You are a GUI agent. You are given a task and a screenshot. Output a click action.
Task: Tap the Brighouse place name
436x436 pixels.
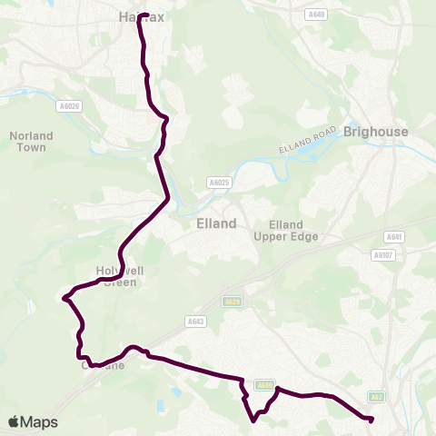pos(377,132)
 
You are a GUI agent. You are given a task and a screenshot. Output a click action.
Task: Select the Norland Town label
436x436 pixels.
pos(32,142)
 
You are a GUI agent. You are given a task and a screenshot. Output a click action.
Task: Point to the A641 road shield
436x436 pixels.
pos(392,237)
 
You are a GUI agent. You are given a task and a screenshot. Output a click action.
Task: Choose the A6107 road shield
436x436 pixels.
pos(382,255)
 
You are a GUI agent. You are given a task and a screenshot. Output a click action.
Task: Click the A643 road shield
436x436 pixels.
pos(195,321)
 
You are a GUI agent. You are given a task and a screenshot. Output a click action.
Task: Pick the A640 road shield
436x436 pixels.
pos(264,385)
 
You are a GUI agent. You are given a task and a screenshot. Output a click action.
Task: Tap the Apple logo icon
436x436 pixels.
pos(14,421)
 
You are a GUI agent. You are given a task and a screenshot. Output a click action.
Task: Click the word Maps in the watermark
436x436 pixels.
pos(39,421)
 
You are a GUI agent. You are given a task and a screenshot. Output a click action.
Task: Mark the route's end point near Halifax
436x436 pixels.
pos(141,15)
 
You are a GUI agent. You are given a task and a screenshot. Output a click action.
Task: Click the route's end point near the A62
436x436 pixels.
pos(371,419)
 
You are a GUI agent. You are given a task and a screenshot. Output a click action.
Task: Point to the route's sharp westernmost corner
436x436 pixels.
pos(64,297)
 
